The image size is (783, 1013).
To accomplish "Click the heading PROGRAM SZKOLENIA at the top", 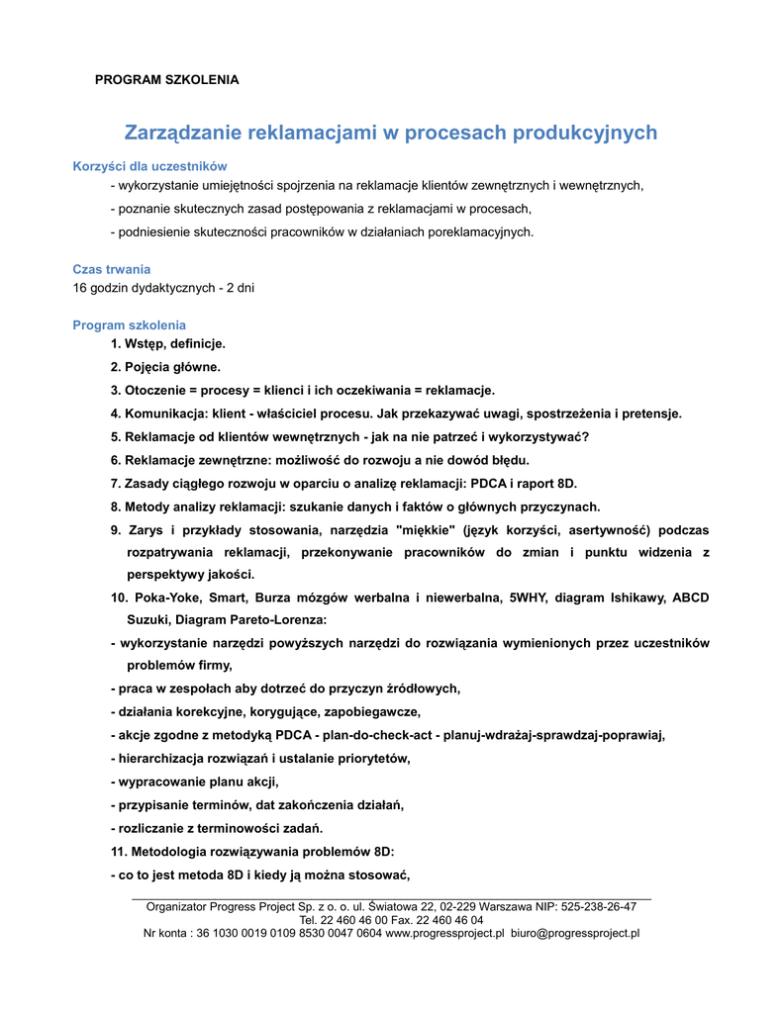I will (x=166, y=79).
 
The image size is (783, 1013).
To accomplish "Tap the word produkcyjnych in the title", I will (x=584, y=133).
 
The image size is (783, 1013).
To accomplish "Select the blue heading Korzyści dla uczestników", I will (x=150, y=166).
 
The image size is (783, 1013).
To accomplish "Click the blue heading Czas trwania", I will (x=112, y=269).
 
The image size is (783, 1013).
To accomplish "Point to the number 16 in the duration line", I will (x=80, y=288).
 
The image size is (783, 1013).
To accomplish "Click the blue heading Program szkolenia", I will (x=129, y=325).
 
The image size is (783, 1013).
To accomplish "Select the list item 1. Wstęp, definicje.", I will (x=168, y=344).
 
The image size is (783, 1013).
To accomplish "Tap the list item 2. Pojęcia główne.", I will (x=166, y=367).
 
